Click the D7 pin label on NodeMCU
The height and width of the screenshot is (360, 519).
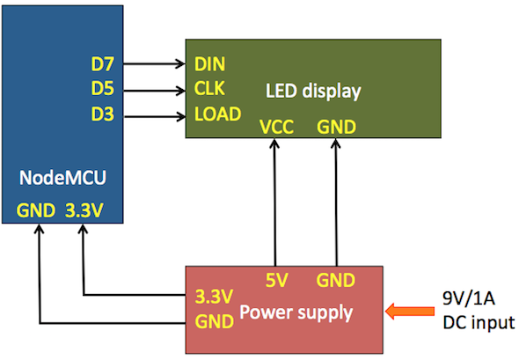click(103, 64)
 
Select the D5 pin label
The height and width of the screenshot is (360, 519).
click(103, 88)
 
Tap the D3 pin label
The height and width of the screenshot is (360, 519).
click(103, 114)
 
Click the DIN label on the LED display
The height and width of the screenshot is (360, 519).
click(210, 64)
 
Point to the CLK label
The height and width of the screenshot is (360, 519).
click(209, 88)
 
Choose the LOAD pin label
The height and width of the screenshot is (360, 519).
click(217, 114)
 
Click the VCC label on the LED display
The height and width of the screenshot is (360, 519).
click(277, 127)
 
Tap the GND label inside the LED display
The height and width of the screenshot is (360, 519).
click(336, 127)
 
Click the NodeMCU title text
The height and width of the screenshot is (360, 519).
click(62, 178)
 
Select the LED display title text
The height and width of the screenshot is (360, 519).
click(313, 91)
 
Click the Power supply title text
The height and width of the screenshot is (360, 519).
click(296, 312)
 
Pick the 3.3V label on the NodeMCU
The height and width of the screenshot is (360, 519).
click(84, 210)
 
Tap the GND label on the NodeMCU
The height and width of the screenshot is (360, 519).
click(36, 210)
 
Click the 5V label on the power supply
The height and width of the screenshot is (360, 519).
click(277, 281)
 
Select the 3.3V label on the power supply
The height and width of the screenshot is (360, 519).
click(214, 297)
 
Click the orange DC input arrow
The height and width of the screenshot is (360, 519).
click(410, 312)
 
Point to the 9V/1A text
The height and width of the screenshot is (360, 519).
click(469, 298)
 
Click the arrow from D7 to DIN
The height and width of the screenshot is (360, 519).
click(154, 63)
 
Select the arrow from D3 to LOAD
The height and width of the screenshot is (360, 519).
click(154, 116)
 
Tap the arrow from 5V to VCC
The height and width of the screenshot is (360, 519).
click(274, 202)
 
